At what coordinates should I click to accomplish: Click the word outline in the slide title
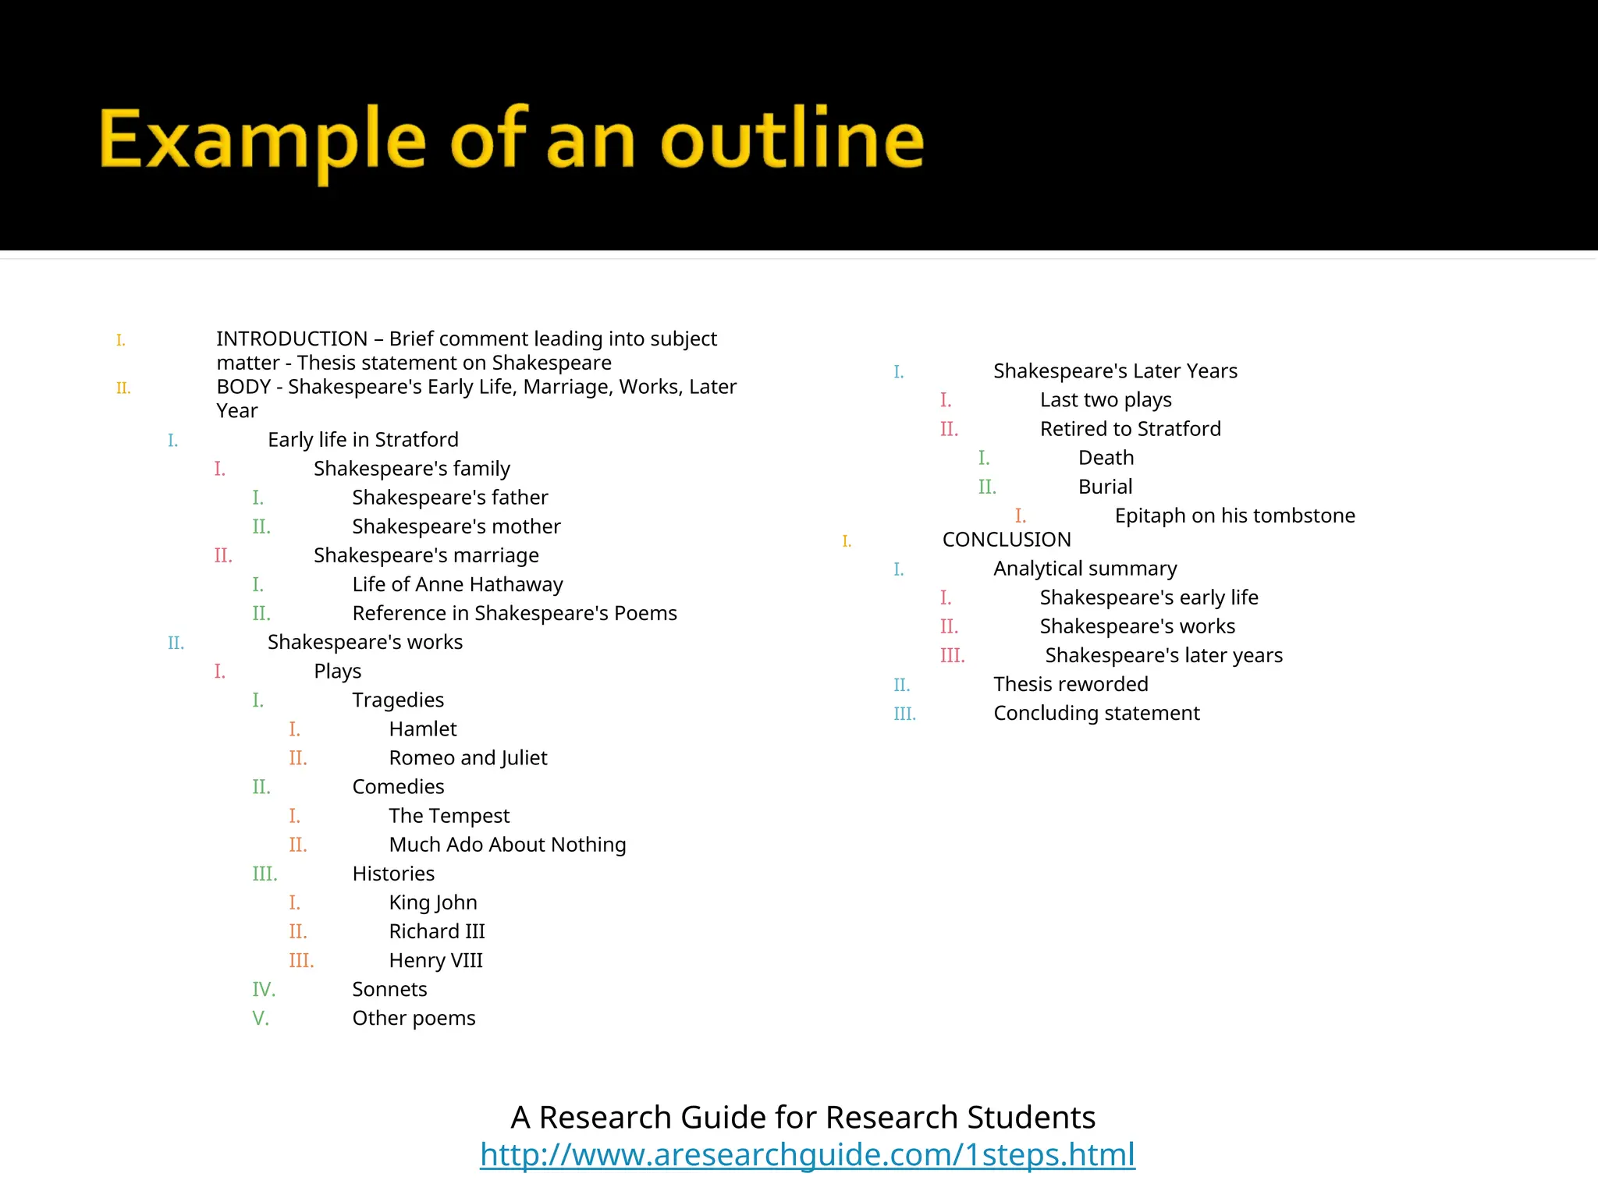[792, 140]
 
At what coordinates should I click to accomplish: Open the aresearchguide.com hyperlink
[808, 1154]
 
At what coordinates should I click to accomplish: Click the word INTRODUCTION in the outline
[292, 339]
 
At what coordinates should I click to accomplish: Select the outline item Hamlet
[423, 729]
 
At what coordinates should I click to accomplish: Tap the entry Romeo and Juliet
[468, 758]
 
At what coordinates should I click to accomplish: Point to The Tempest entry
[449, 816]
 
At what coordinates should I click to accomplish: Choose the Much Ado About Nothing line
[507, 845]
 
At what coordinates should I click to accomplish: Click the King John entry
[433, 902]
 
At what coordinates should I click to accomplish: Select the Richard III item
[437, 931]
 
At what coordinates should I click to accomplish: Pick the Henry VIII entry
[436, 960]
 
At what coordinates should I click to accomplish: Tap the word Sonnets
[390, 989]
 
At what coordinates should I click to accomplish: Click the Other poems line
[414, 1018]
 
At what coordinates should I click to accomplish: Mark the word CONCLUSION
[1007, 540]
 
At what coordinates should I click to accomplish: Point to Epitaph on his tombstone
[1235, 516]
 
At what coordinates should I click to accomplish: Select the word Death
[1106, 458]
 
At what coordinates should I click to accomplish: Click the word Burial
[1106, 487]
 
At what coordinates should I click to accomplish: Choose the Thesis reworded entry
[1071, 684]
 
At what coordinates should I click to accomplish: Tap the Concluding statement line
[1096, 713]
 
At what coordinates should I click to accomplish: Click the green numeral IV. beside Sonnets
[264, 990]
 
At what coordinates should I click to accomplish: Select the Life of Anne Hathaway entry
[457, 584]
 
